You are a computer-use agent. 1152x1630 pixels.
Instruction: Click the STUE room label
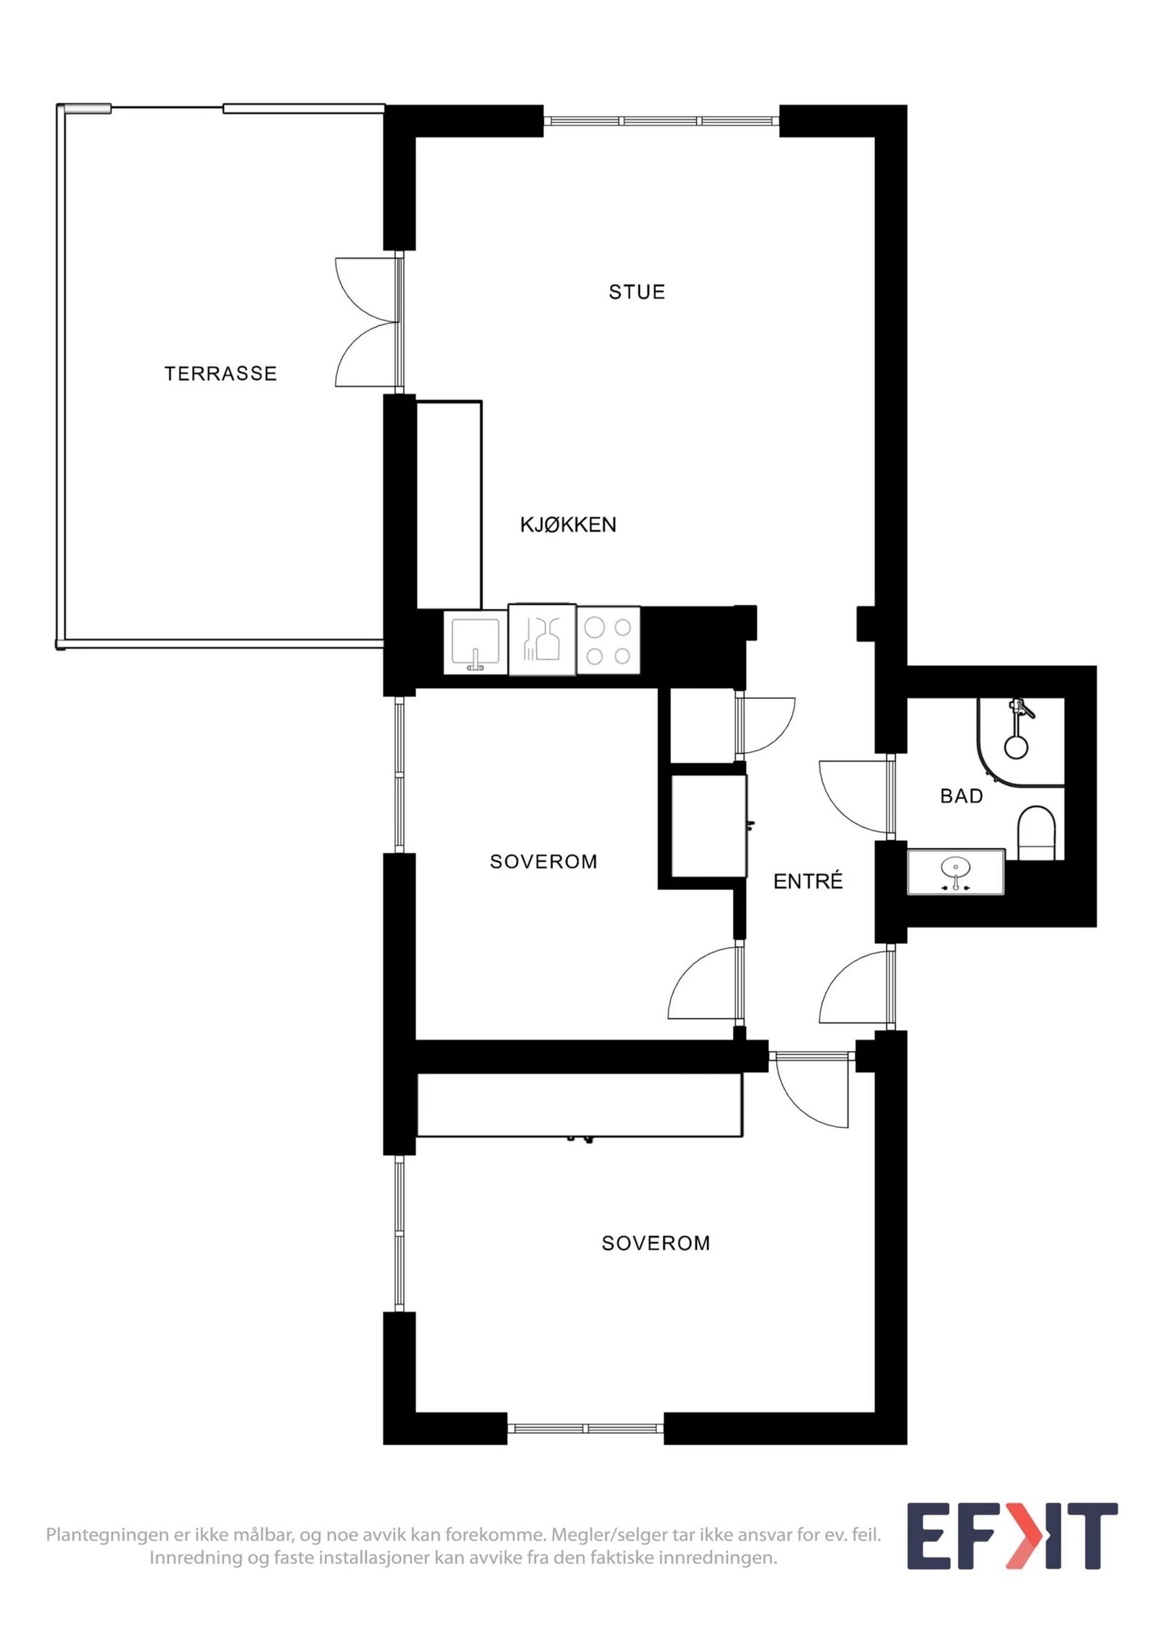pos(636,292)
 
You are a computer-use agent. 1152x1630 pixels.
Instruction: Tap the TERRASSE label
pos(220,373)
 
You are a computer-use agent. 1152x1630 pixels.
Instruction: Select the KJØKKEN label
pos(568,524)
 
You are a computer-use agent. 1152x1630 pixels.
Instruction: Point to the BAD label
pos(961,796)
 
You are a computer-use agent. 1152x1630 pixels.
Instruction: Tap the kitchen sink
pos(475,643)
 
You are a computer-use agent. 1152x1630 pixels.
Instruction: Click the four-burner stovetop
pos(608,641)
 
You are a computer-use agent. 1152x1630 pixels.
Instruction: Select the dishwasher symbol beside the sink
pos(542,640)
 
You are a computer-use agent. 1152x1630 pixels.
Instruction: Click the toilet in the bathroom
pos(1036,833)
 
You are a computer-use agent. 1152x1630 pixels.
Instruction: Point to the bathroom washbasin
pos(955,872)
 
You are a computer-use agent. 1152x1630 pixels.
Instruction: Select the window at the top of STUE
pos(661,121)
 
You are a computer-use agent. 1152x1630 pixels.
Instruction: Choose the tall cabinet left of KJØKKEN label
pos(449,505)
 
